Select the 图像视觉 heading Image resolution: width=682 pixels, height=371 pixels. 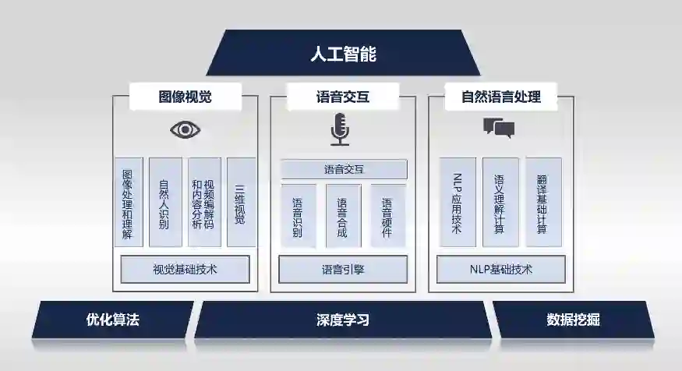(185, 97)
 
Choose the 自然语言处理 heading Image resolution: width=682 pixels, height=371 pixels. (501, 97)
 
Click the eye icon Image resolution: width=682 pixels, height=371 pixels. (185, 129)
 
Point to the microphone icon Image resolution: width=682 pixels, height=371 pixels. (340, 129)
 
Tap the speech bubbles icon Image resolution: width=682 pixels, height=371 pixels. (499, 128)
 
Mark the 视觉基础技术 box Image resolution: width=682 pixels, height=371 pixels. (185, 270)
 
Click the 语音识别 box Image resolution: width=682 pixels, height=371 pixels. (298, 216)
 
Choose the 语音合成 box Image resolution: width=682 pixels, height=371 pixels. (342, 216)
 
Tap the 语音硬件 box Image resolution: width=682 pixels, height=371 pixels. (387, 216)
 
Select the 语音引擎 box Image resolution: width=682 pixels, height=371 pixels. (342, 270)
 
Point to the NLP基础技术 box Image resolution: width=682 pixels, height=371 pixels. (501, 270)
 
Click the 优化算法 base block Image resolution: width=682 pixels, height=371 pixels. (112, 320)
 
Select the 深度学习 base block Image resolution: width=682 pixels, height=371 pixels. (343, 320)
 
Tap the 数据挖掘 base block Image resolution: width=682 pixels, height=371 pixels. (573, 320)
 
